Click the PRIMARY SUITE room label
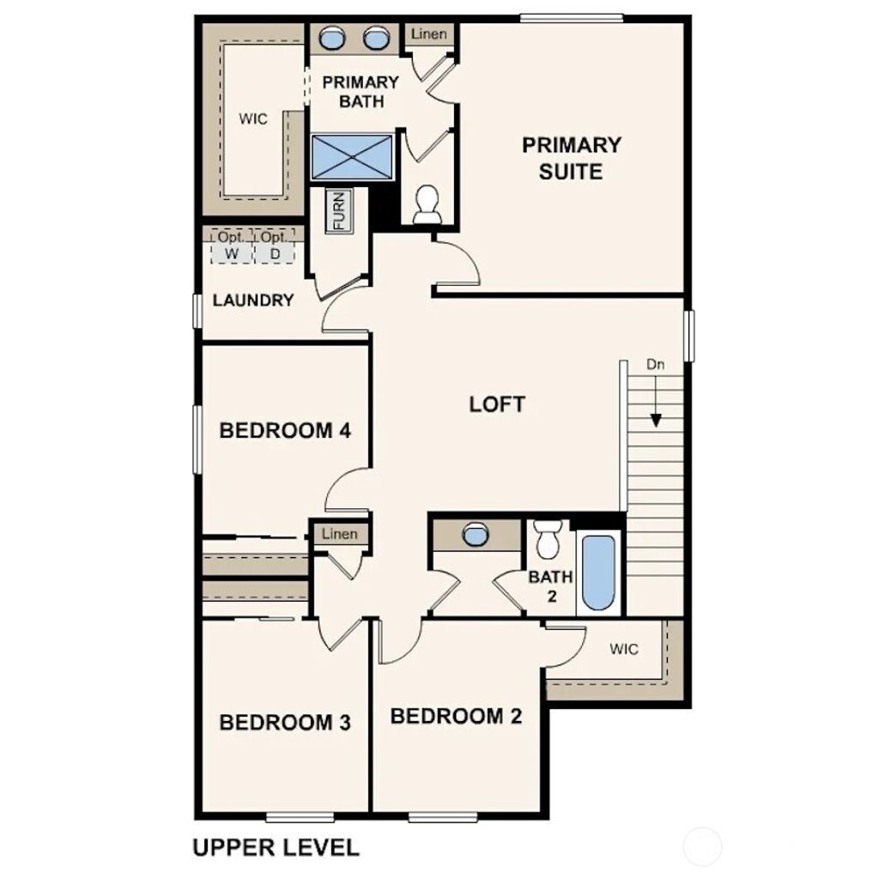coord(571,158)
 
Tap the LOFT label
coord(497,404)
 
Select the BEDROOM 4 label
coord(285,430)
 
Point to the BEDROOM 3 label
coord(285,722)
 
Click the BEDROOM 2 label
coord(456,715)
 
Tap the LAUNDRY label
coord(253,300)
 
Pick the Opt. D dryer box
coord(275,246)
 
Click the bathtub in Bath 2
coord(598,573)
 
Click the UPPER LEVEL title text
coord(276,848)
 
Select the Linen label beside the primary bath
coord(427,34)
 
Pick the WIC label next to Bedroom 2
coord(624,649)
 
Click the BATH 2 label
coord(550,585)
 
